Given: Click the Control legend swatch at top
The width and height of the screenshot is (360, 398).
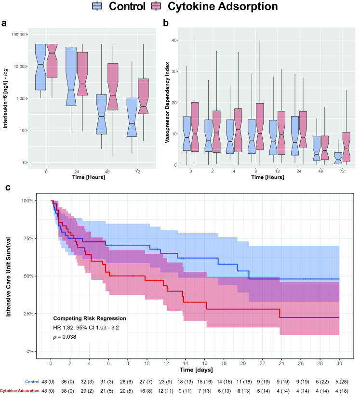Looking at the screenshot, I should tap(98, 6).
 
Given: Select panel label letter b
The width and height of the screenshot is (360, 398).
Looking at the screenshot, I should tap(181, 23).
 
